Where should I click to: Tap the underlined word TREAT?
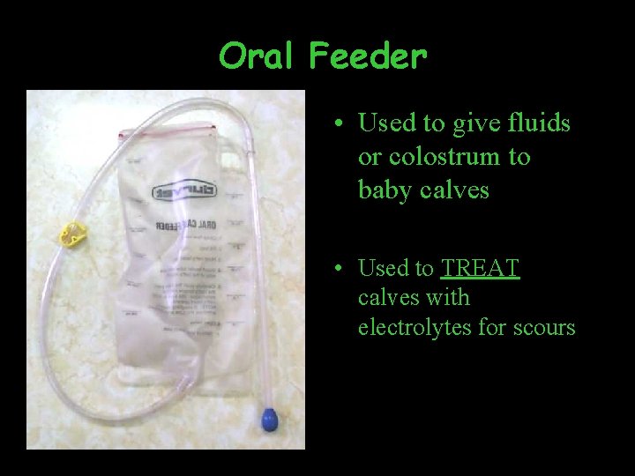481,268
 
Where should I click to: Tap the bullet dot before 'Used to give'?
339,124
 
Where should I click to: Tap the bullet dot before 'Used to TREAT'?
339,269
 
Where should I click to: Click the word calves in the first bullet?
455,190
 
